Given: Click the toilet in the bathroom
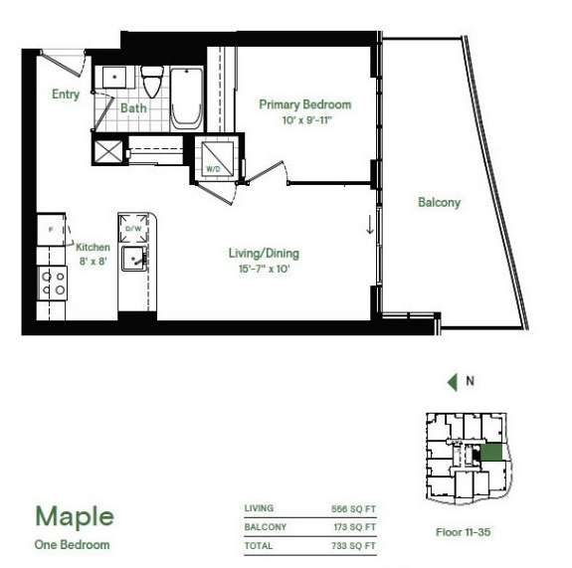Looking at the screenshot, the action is pos(152,82).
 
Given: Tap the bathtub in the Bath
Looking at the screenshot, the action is pos(186,98).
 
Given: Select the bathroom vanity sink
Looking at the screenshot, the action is pos(114,77).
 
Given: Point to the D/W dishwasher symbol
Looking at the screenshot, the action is pos(133,229).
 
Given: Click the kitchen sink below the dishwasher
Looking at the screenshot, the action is pos(134,259).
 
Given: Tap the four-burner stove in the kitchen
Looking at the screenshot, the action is pos(53,284).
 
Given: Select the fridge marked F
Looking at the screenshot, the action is pos(51,230).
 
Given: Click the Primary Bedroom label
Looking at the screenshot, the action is pos(305,104).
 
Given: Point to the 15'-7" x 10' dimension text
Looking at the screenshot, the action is pos(265,270).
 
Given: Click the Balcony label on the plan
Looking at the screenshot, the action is pos(440,203).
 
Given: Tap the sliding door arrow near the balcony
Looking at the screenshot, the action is pos(370,225).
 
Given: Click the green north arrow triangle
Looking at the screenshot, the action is pos(453,382).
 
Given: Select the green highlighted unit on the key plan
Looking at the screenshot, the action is pos(491,453).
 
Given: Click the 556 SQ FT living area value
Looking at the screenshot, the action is pos(353,509).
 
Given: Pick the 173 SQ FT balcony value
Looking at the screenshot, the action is pos(354,527).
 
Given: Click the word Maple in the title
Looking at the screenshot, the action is pos(75,517).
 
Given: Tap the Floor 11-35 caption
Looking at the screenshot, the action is pos(464,532).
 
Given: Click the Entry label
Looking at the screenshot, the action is pos(66,95).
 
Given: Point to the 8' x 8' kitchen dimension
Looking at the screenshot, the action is pos(94,262).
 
